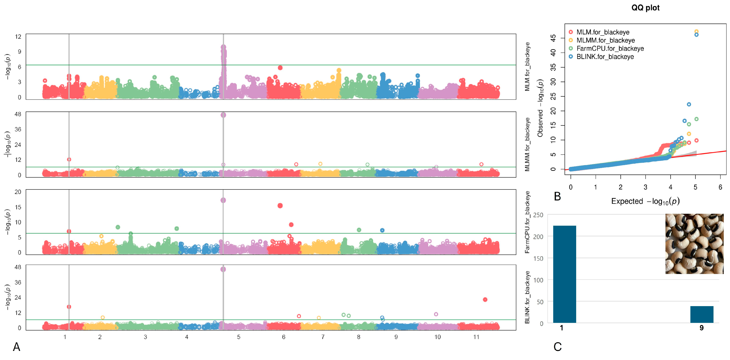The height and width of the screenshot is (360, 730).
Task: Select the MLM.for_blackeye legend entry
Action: point(603,32)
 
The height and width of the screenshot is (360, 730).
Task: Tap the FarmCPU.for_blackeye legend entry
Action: point(610,48)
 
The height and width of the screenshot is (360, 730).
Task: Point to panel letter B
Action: point(557,196)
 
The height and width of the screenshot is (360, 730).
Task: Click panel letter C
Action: point(557,347)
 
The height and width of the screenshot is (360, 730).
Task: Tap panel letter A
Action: point(17,347)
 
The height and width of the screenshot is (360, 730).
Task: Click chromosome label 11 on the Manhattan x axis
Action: point(476,337)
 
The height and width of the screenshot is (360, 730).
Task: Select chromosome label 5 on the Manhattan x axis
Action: point(239,337)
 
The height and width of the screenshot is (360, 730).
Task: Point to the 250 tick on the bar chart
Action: point(538,215)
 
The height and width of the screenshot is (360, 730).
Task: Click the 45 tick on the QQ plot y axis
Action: point(553,38)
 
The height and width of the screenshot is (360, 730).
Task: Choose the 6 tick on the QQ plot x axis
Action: point(720,187)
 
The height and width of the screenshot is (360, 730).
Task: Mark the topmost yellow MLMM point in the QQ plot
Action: point(696,31)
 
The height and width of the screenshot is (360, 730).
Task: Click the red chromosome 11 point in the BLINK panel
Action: point(485,299)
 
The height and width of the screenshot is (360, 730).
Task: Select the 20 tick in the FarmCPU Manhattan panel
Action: point(18,192)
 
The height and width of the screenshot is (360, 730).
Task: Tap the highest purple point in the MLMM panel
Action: point(223,115)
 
